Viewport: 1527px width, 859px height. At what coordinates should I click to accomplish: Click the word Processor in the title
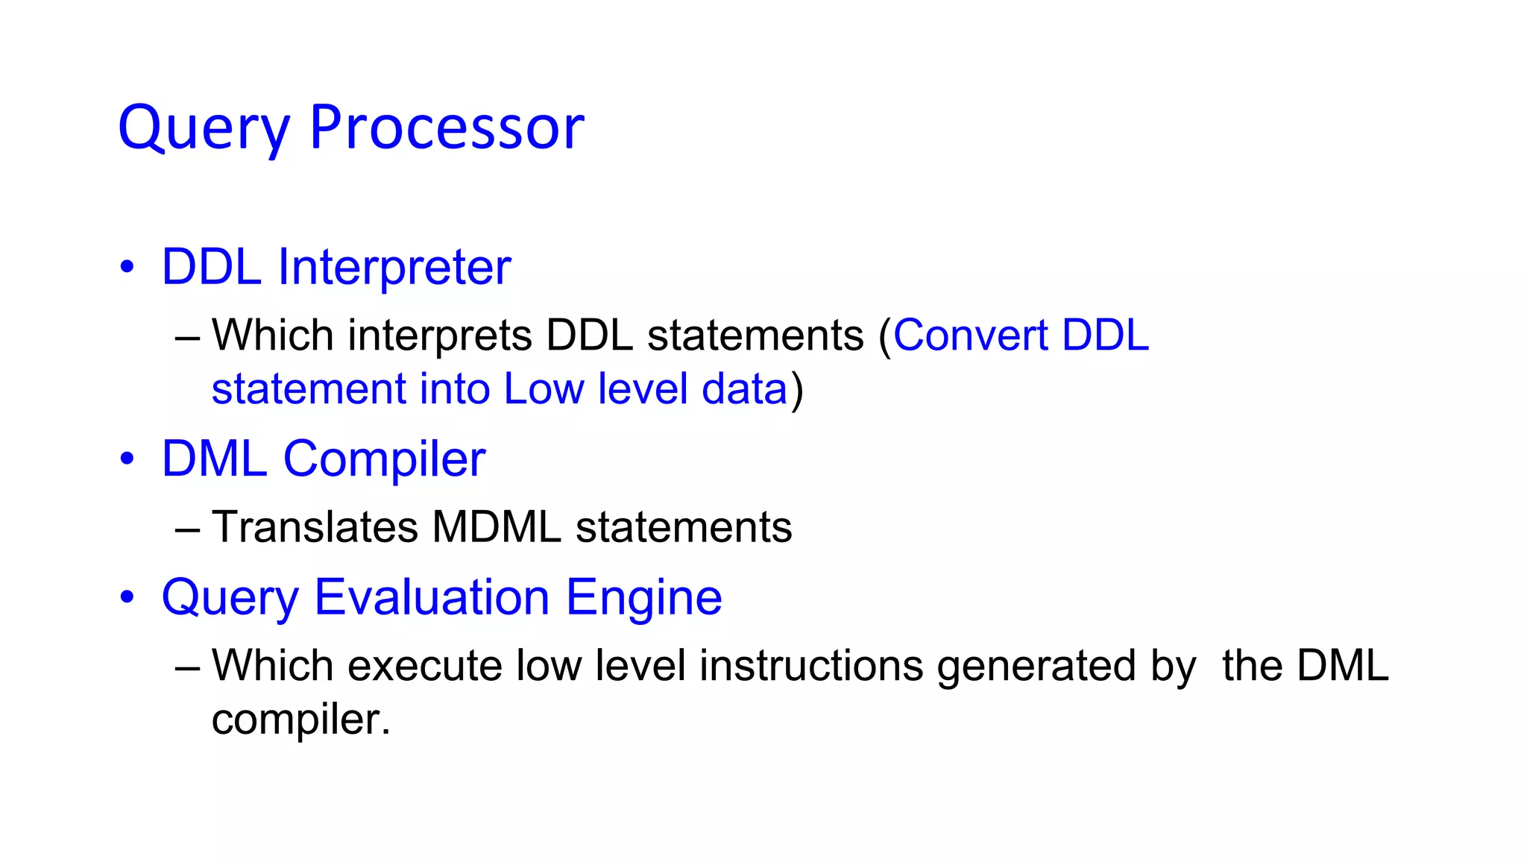pyautogui.click(x=447, y=128)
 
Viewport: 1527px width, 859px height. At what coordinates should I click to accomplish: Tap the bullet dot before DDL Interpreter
pyautogui.click(x=127, y=267)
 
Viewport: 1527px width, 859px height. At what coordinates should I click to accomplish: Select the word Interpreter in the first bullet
pyautogui.click(x=394, y=267)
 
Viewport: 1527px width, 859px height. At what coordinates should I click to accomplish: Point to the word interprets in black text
pyautogui.click(x=440, y=336)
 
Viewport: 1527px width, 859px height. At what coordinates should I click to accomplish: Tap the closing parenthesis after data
pyautogui.click(x=797, y=390)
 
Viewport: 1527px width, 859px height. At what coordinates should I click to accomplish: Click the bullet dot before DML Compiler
pyautogui.click(x=127, y=459)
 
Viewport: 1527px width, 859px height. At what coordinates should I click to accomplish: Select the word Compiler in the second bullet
pyautogui.click(x=384, y=459)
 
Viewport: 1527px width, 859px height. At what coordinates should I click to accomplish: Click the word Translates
pyautogui.click(x=315, y=527)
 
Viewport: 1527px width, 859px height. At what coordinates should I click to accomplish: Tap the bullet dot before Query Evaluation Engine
pyautogui.click(x=127, y=597)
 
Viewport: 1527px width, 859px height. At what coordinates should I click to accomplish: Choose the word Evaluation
pyautogui.click(x=432, y=597)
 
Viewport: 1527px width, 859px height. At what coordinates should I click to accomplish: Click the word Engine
pyautogui.click(x=644, y=597)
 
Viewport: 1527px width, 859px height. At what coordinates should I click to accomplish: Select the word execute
pyautogui.click(x=425, y=666)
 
